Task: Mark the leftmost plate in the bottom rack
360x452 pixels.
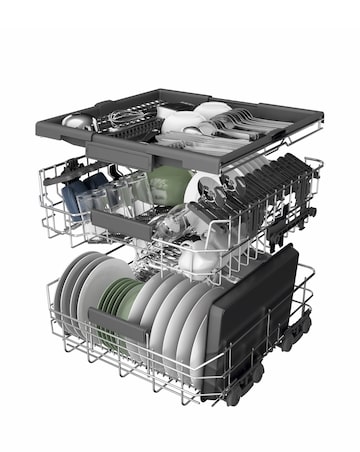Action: [x=71, y=290]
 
